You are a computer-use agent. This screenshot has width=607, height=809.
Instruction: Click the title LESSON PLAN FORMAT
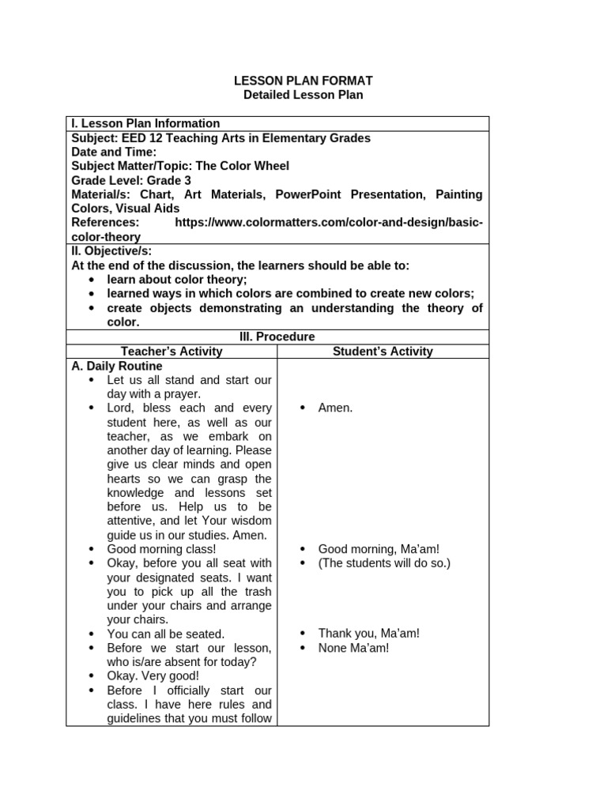(303, 81)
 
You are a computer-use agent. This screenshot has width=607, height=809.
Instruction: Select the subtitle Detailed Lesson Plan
(303, 95)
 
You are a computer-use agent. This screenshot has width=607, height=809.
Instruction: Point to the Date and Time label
(114, 152)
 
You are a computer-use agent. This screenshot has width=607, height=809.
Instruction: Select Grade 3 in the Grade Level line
(170, 180)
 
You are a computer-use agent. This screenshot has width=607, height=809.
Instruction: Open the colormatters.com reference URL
(328, 223)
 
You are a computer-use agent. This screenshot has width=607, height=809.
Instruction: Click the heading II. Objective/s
(110, 251)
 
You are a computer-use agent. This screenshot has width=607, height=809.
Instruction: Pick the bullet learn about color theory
(177, 280)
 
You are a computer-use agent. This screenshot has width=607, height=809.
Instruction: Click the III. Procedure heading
(277, 337)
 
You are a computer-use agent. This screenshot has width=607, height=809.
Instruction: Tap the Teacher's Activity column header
(172, 351)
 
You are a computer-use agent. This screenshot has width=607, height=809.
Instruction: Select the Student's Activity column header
(383, 351)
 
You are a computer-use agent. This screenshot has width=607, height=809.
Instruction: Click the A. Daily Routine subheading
(117, 366)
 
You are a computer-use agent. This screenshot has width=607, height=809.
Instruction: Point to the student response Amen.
(335, 408)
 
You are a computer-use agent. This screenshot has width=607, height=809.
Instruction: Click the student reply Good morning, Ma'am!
(379, 549)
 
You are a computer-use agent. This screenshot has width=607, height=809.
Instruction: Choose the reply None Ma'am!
(353, 648)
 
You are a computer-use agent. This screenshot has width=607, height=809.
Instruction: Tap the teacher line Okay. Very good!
(153, 676)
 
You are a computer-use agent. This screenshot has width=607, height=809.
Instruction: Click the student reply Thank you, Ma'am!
(368, 634)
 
